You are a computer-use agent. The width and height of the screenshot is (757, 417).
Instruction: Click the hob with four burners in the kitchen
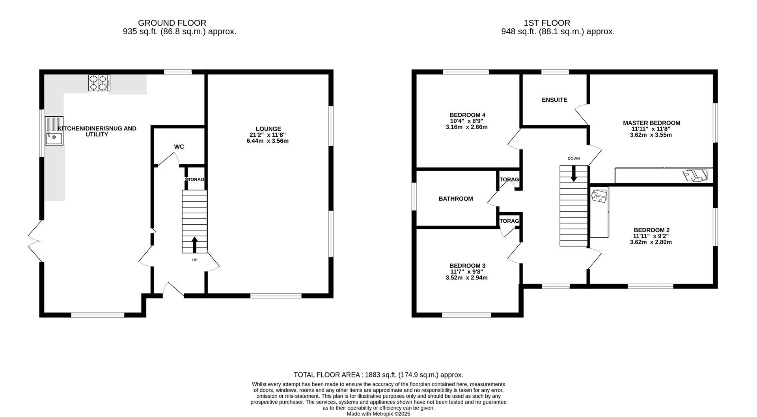[99, 83]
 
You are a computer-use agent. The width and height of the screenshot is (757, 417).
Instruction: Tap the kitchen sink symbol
[54, 131]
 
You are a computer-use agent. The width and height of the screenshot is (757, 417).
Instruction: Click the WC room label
[179, 147]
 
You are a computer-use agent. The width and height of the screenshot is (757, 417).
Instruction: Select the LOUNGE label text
[268, 129]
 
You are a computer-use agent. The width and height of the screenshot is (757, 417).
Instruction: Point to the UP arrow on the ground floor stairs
[194, 244]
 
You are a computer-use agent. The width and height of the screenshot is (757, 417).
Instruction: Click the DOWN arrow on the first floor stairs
[574, 173]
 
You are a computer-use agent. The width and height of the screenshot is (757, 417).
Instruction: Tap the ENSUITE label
[554, 100]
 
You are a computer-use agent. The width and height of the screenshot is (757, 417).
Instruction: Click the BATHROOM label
[456, 199]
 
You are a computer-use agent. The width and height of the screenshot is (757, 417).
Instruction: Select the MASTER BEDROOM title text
[651, 123]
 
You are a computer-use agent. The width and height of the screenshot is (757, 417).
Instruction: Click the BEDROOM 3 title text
[467, 266]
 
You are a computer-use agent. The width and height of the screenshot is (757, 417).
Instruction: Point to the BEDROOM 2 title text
[651, 230]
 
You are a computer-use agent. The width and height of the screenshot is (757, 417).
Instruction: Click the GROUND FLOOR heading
[172, 23]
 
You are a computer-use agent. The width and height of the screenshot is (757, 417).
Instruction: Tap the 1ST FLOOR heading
[546, 23]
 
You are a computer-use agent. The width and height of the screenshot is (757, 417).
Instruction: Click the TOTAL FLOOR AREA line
[378, 375]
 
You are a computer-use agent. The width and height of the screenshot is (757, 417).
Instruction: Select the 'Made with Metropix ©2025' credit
[378, 414]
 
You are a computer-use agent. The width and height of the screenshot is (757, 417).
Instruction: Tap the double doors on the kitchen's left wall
[35, 241]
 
